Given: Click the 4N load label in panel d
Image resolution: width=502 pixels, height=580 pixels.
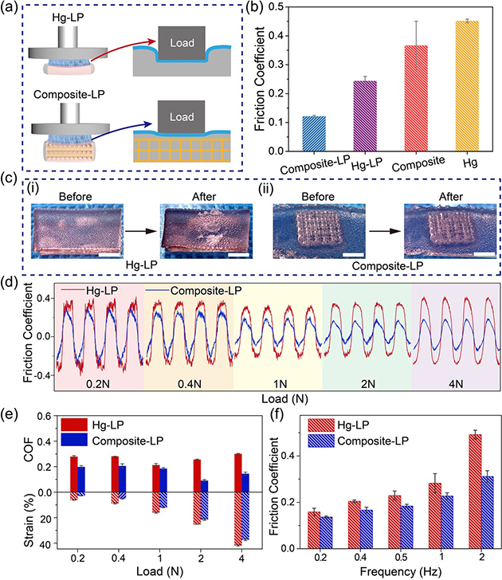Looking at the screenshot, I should click(454, 383).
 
